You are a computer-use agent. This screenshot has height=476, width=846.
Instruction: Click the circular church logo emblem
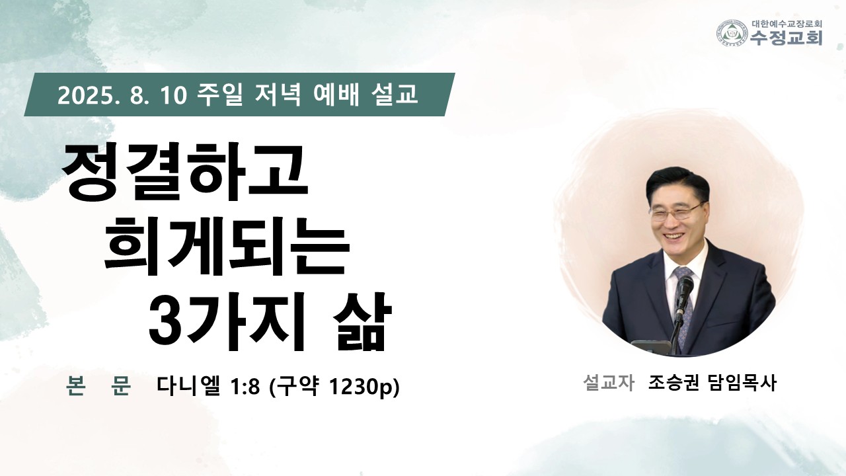[733, 33]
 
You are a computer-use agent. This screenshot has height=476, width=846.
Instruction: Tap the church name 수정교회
[786, 38]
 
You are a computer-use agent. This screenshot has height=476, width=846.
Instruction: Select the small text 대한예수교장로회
[787, 23]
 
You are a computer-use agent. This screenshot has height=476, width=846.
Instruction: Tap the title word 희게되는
[227, 246]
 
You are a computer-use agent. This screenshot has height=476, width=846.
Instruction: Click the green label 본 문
[98, 385]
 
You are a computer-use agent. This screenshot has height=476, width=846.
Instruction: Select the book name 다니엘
[188, 385]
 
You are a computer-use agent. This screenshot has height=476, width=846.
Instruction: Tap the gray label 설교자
[609, 383]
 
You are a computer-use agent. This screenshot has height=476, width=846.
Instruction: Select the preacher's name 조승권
[673, 383]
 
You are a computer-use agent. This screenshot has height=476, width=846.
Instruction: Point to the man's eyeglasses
[676, 212]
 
